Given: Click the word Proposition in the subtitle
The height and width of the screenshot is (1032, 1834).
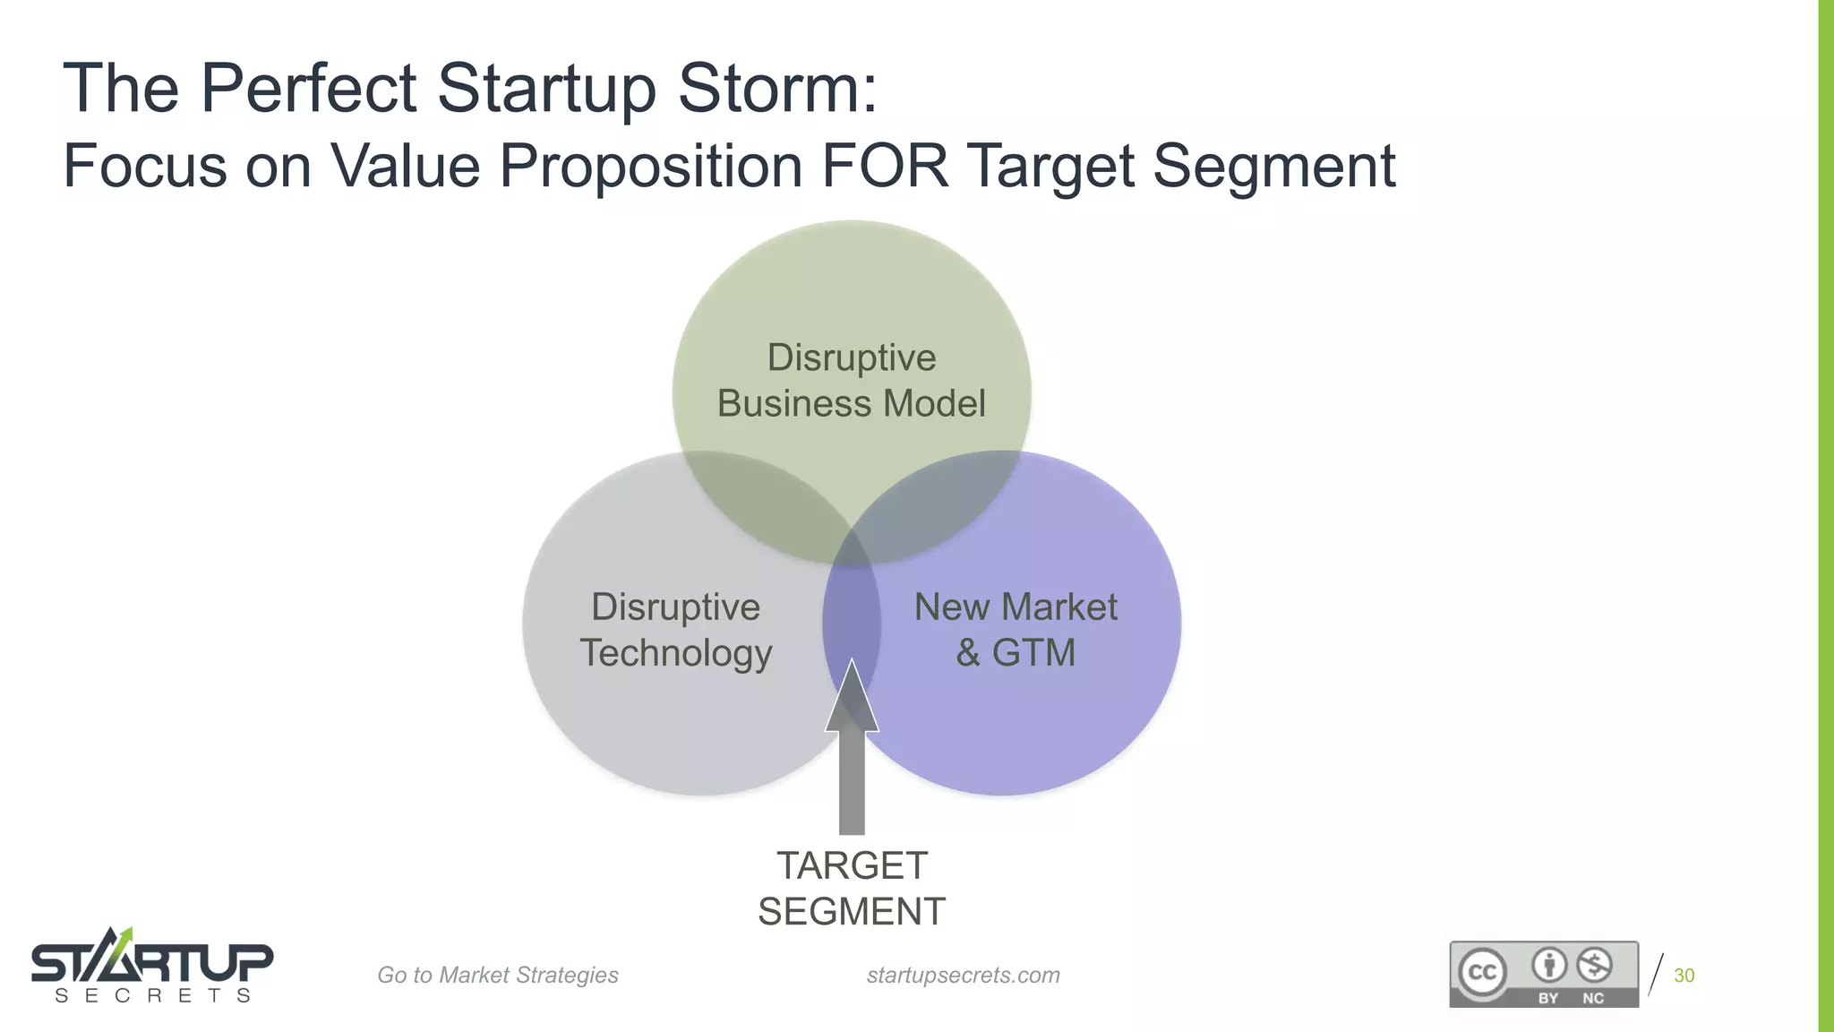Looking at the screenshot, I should [x=650, y=166].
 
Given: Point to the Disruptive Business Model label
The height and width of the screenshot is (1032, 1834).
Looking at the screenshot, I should [x=851, y=381].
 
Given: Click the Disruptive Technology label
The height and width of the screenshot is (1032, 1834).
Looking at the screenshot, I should [x=675, y=630].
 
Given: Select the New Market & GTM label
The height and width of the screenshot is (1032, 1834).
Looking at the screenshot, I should [x=1016, y=630].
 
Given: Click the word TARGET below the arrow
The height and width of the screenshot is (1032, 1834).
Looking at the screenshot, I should [x=852, y=866].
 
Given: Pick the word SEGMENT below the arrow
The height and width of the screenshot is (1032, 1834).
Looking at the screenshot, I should [x=852, y=912].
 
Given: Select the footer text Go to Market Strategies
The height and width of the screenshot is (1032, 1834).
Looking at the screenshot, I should [x=497, y=975].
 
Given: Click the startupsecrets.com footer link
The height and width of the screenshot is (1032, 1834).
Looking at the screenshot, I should [x=963, y=975].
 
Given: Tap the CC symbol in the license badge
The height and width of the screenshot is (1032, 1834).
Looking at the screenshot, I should [x=1482, y=972].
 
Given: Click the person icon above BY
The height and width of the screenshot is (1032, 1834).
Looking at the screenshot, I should [x=1549, y=965].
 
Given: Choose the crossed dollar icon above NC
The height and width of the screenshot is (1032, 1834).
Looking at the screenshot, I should [x=1594, y=965].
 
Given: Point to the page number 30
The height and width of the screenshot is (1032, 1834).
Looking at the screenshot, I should [x=1684, y=976].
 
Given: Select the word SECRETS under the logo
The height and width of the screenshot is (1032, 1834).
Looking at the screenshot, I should [x=151, y=996].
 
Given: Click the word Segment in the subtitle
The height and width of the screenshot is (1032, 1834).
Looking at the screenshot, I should [x=1273, y=166].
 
